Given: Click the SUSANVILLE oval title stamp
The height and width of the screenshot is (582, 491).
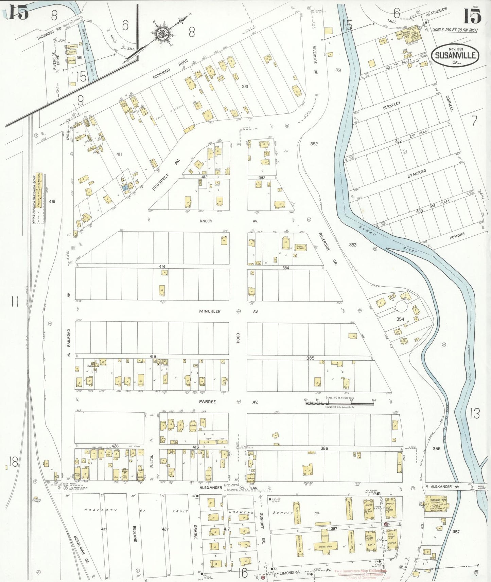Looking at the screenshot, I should pos(455,56).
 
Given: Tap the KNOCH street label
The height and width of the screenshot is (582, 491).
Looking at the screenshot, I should pos(206,221).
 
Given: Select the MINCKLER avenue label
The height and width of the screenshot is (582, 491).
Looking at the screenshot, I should pos(210,311).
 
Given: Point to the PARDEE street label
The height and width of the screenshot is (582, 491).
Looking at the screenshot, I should pos(207,402).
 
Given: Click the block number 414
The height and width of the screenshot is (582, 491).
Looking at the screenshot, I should pos(162,267).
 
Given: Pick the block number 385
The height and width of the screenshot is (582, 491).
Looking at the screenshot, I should pos(310,358).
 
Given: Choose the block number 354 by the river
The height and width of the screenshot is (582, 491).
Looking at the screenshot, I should pos(400,319).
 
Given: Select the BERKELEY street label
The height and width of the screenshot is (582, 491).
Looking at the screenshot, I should pos(392,105).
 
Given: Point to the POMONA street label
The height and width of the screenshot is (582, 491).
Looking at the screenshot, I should pos(457,236).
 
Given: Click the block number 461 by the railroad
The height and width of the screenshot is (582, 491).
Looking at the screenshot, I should pos(52,201).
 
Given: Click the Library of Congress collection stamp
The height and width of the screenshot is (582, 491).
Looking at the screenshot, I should pos(361,574).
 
